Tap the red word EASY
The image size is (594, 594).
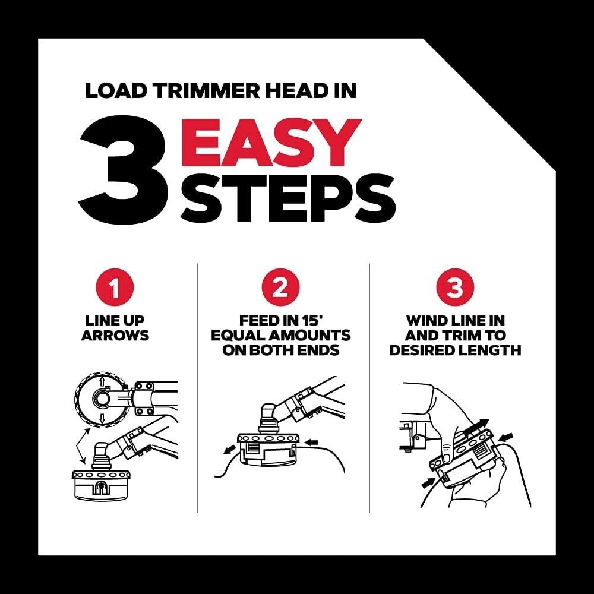coord(270,142)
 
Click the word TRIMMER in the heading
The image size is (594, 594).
coord(185,91)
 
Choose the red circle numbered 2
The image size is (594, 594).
coord(280,289)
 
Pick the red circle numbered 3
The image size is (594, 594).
coord(455,289)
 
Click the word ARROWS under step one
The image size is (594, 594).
coord(115,336)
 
